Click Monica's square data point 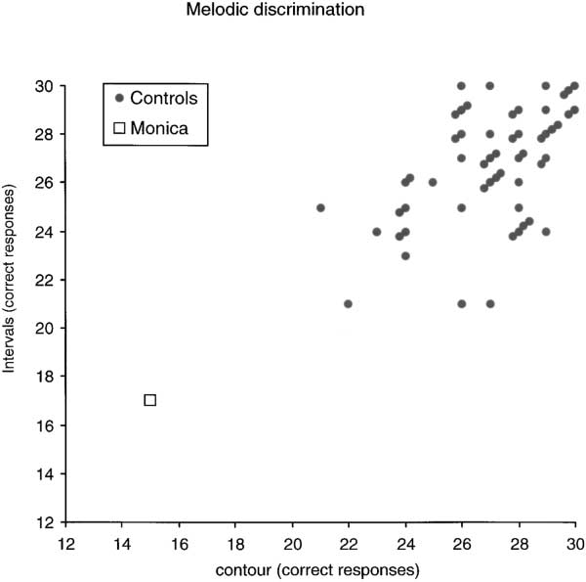pos(149,400)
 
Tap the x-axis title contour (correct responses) pos(319,568)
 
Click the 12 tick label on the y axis pos(47,522)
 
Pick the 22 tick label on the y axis pos(47,280)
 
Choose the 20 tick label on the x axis pos(292,544)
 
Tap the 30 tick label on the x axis pos(575,544)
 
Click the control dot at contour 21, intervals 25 pos(320,207)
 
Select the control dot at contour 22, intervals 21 pos(349,304)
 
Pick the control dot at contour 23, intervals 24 pos(377,232)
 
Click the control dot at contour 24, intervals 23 pos(405,256)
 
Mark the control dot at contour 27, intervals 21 pos(490,304)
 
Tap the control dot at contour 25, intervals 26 pos(433,183)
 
